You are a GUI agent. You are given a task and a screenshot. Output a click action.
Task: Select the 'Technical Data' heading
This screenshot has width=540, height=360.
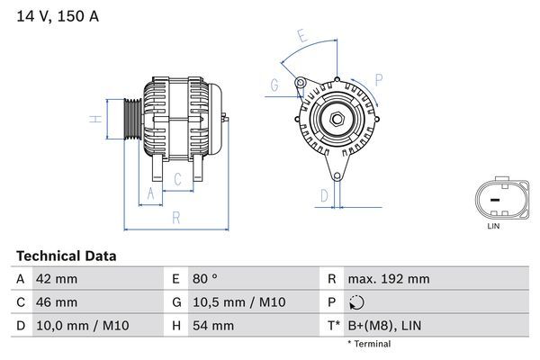pyautogui.click(x=66, y=256)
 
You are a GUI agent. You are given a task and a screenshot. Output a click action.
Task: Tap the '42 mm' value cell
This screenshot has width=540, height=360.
pyautogui.click(x=55, y=279)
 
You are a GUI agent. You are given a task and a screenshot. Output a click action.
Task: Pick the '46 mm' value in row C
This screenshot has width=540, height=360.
pyautogui.click(x=55, y=302)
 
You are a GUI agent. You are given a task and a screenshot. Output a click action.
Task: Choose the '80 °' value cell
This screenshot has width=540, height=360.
pyautogui.click(x=207, y=279)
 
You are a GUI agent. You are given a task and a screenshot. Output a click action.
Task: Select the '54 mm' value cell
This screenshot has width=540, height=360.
pyautogui.click(x=212, y=325)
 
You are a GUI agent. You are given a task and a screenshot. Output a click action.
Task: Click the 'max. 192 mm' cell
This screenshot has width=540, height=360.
pyautogui.click(x=389, y=279)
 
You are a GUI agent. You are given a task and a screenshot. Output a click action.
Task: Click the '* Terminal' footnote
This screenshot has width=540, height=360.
pyautogui.click(x=369, y=344)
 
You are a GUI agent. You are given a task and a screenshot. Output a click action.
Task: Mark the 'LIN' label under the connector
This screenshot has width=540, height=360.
pyautogui.click(x=492, y=226)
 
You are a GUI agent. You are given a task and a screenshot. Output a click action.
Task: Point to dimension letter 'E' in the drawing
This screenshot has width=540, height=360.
pyautogui.click(x=303, y=37)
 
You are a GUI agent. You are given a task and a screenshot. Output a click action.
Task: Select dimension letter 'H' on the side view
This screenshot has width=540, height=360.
pyautogui.click(x=94, y=119)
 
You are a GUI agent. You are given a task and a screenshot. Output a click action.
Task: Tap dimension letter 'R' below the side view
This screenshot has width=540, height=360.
pyautogui.click(x=175, y=216)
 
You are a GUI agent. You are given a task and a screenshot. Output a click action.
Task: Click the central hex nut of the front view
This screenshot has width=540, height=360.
pyautogui.click(x=335, y=120)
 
